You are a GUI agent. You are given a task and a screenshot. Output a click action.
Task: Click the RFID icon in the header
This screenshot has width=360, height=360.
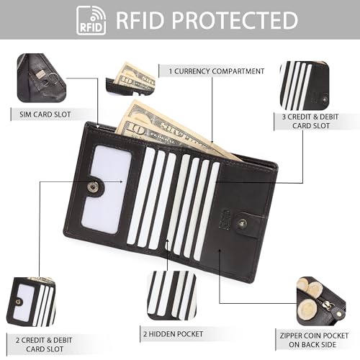[x=91, y=20]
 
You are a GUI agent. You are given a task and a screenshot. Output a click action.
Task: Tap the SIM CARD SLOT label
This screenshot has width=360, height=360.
[x=45, y=114]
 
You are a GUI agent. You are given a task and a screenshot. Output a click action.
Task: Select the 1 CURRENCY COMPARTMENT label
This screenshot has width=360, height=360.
[x=217, y=71]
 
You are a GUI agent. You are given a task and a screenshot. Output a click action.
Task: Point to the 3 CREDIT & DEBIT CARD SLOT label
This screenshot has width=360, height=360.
[x=310, y=121]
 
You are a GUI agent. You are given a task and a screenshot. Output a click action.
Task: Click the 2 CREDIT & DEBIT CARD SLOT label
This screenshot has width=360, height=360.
[x=44, y=344]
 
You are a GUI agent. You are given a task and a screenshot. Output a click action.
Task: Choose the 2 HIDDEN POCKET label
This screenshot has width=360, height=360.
[x=174, y=334]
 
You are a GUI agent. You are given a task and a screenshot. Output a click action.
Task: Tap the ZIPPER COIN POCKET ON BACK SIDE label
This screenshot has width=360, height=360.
[x=314, y=340]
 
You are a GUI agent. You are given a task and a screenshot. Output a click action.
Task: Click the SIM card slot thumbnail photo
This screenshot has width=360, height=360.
[x=41, y=78]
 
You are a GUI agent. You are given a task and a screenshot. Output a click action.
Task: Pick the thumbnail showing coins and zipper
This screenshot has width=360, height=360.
[x=321, y=302]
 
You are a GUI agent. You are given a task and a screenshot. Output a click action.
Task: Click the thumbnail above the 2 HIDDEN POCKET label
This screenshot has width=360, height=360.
[x=171, y=295]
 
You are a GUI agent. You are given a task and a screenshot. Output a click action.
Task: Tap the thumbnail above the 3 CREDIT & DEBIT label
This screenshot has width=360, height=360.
[x=305, y=86]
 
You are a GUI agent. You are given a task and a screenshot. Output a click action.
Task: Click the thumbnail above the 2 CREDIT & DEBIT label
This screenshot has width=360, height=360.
[x=31, y=302]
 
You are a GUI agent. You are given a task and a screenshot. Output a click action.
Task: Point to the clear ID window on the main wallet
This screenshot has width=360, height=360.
[x=107, y=189]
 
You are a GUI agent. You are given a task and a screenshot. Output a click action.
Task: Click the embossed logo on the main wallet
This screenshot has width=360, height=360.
[x=225, y=219]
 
